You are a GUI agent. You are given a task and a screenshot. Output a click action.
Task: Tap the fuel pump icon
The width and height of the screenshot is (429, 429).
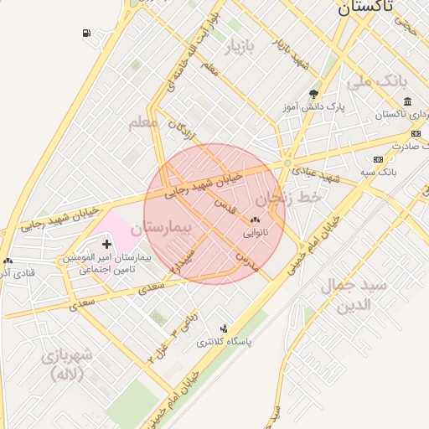tap(88, 34)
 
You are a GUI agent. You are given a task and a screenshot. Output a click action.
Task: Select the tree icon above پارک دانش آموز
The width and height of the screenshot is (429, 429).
tap(313, 94)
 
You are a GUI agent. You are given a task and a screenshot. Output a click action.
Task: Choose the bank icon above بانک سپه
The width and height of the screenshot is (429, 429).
tap(378, 158)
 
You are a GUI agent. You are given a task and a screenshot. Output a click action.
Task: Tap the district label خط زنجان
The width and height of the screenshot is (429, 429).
tap(289, 199)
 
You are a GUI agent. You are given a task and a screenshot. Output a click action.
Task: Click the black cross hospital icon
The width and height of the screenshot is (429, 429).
tap(106, 244)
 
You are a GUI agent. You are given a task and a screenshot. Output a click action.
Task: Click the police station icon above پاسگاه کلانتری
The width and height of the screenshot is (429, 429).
tap(223, 328)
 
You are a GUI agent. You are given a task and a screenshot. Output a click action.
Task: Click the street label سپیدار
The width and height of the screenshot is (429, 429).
tap(183, 261)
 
